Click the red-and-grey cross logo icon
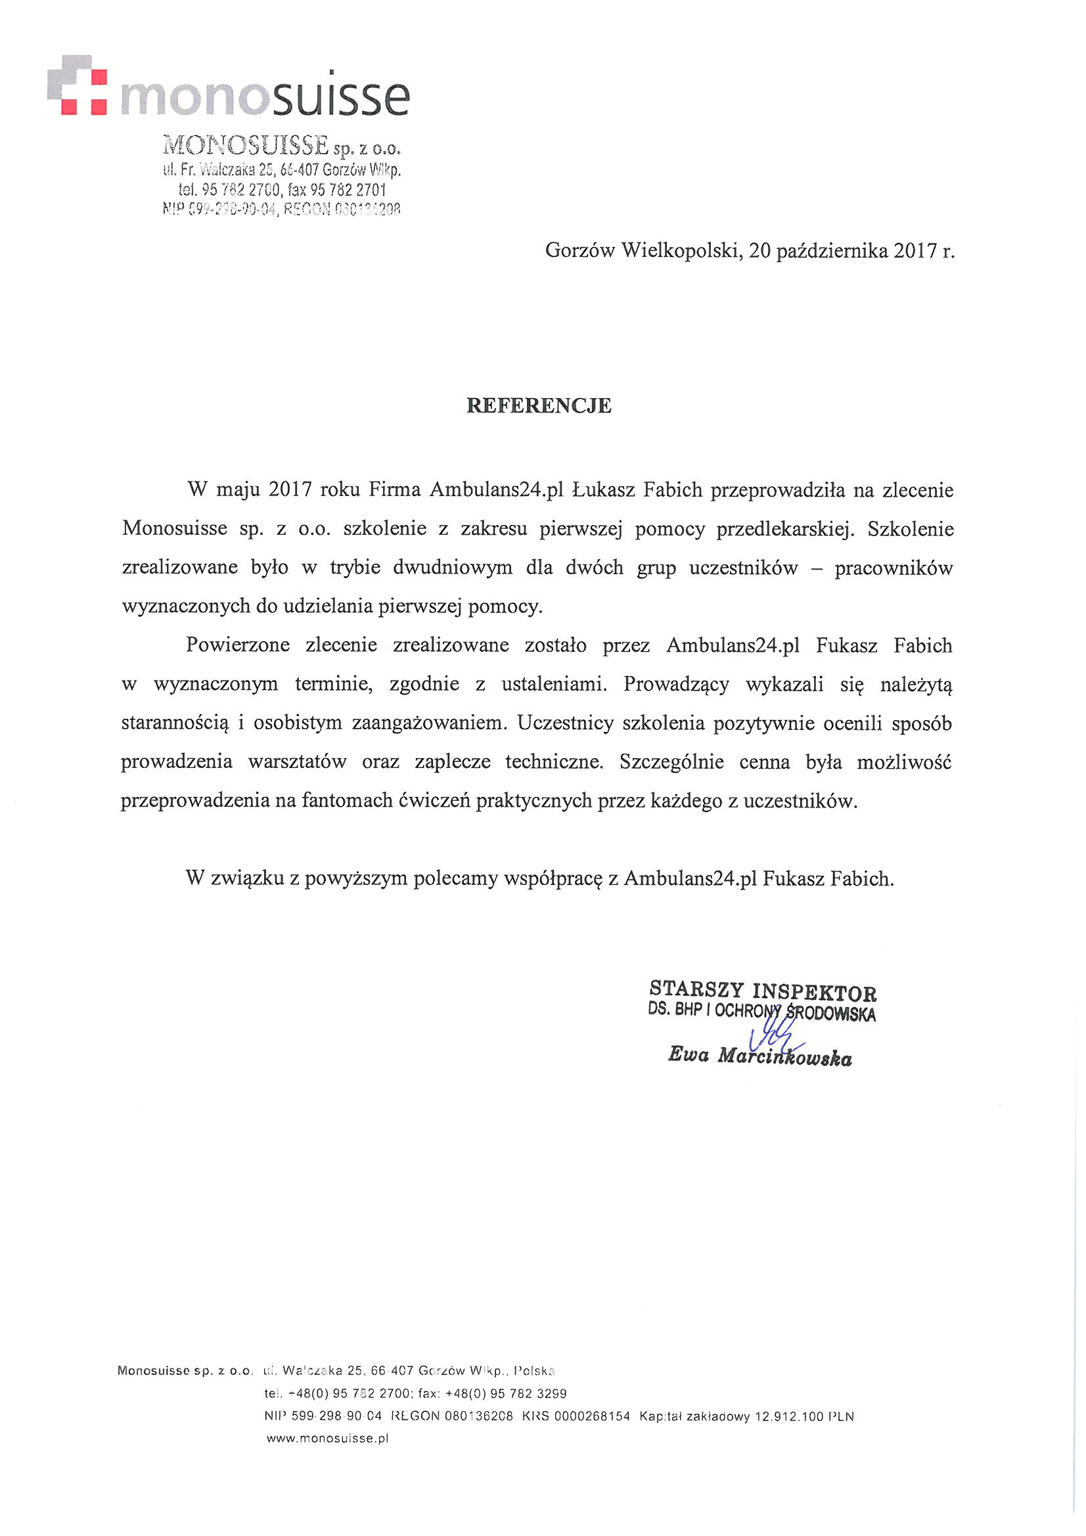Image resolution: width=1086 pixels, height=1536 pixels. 78,85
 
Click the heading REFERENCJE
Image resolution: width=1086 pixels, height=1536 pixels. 539,406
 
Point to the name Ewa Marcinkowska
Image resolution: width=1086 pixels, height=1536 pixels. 759,1056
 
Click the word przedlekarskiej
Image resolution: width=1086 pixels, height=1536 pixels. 786,529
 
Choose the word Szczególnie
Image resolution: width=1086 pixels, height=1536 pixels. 672,762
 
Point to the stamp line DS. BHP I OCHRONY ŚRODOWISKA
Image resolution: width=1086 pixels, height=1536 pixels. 761,1012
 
